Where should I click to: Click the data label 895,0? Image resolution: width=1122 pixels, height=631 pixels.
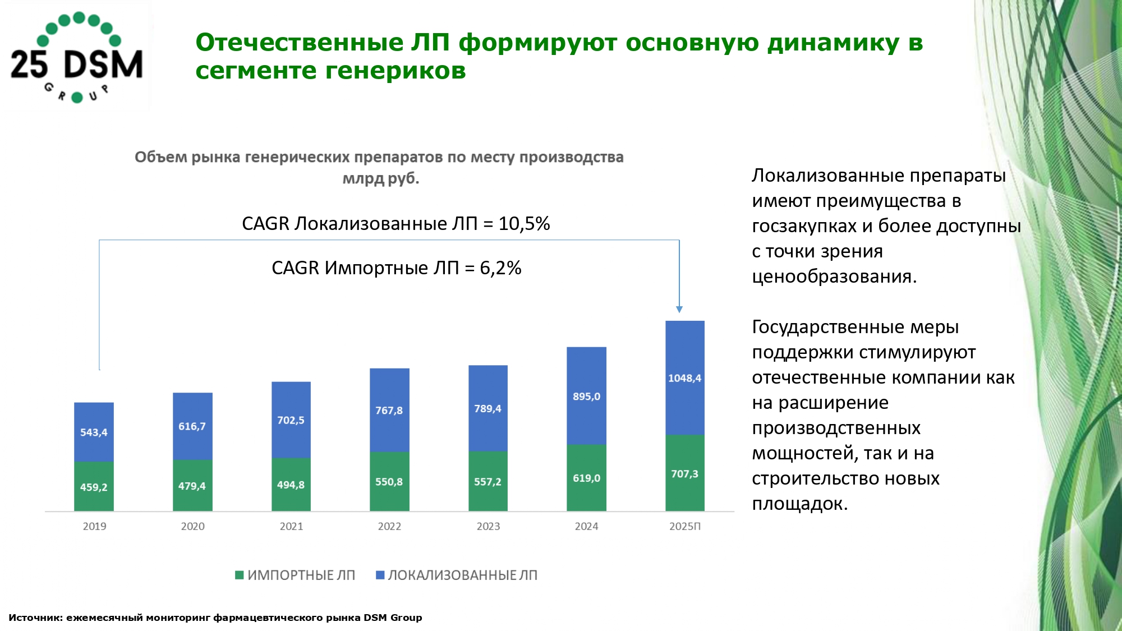click(x=586, y=397)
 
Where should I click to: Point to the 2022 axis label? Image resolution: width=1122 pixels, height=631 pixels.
click(x=389, y=526)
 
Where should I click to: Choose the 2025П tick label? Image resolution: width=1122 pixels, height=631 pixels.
click(x=684, y=526)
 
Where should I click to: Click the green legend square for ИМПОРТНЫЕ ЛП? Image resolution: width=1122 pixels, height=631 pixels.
click(x=240, y=575)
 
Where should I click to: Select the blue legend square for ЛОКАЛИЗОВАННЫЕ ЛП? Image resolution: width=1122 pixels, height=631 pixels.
click(x=380, y=575)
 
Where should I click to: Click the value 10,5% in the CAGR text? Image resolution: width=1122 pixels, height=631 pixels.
click(x=524, y=224)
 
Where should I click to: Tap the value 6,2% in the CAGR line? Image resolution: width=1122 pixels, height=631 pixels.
click(x=500, y=268)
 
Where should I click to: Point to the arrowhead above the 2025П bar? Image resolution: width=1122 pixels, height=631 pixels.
click(x=679, y=309)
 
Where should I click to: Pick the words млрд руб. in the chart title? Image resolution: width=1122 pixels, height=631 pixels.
click(x=381, y=178)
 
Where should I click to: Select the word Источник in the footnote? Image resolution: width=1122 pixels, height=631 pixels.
click(x=34, y=618)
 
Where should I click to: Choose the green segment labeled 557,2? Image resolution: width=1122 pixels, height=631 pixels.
click(x=488, y=481)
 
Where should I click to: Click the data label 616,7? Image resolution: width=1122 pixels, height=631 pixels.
click(x=192, y=426)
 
